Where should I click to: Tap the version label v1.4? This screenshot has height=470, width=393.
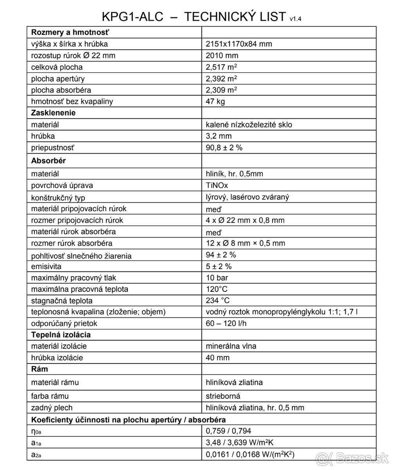[296, 18]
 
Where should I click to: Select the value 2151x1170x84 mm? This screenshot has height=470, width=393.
[239, 44]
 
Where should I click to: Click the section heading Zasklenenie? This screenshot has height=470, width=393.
[53, 113]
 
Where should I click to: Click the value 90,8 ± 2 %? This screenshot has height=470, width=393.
[224, 148]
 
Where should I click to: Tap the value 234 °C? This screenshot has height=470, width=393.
[218, 301]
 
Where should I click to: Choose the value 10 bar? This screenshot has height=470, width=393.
[217, 278]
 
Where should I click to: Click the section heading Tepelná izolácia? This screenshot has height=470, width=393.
[61, 335]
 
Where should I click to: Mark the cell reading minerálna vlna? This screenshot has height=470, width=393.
[231, 346]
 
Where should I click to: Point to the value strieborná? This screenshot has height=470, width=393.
[223, 396]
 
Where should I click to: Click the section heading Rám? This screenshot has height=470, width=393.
[40, 369]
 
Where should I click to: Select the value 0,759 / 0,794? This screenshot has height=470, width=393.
[229, 431]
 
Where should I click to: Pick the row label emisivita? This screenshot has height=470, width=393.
[46, 267]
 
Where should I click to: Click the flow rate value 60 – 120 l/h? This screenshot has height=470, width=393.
[226, 324]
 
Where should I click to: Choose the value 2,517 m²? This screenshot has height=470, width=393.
[221, 67]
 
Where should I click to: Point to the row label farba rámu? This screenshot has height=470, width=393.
[50, 396]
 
